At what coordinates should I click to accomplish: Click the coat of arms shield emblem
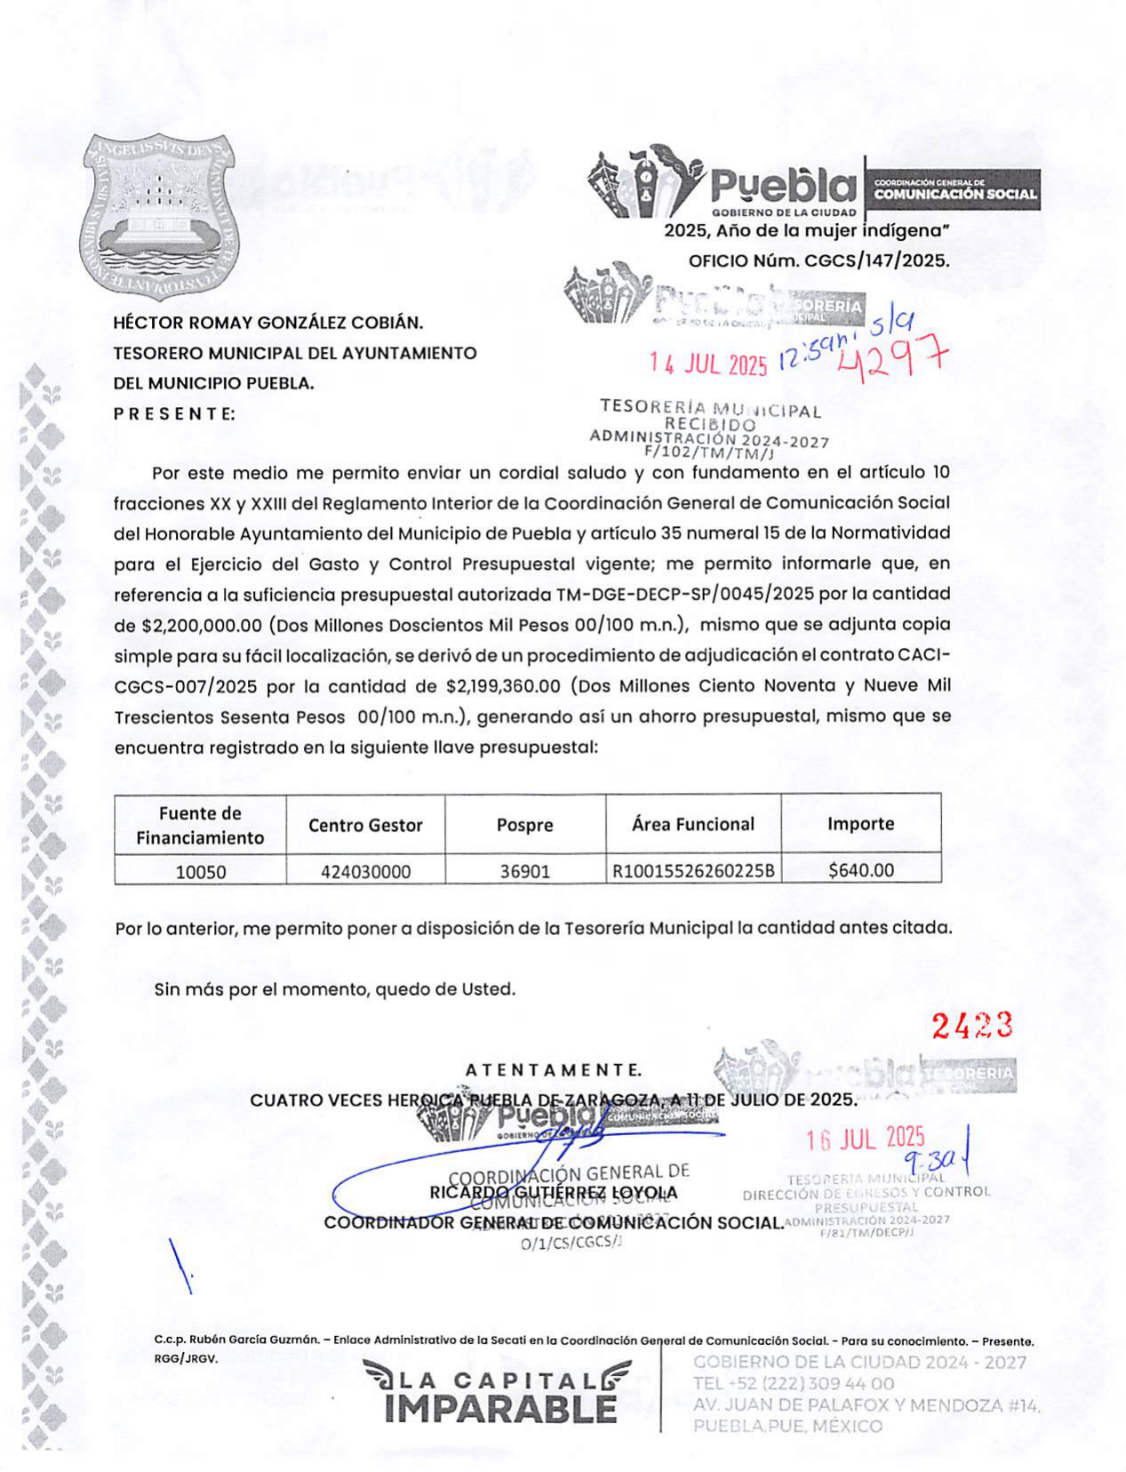point(160,216)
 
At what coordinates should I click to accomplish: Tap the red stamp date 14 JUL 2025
point(707,364)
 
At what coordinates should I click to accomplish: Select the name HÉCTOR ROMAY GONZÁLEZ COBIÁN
point(268,323)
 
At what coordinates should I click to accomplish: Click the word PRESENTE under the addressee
point(174,413)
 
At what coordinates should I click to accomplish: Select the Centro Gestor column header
point(365,825)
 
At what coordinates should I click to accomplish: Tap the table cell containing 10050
point(201,871)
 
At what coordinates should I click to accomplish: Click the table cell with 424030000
point(365,871)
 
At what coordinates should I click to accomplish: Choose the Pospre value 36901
point(524,871)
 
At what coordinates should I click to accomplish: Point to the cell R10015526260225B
point(693,871)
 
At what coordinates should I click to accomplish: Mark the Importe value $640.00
point(860,870)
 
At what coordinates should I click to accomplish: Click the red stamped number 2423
point(971,1026)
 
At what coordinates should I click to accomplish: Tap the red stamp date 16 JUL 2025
point(866,1139)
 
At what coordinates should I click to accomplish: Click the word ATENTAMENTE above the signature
point(553,1070)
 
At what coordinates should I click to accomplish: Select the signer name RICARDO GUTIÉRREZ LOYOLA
point(553,1193)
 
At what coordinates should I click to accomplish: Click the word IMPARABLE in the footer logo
point(501,1409)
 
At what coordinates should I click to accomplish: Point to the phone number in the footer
point(794,1384)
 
